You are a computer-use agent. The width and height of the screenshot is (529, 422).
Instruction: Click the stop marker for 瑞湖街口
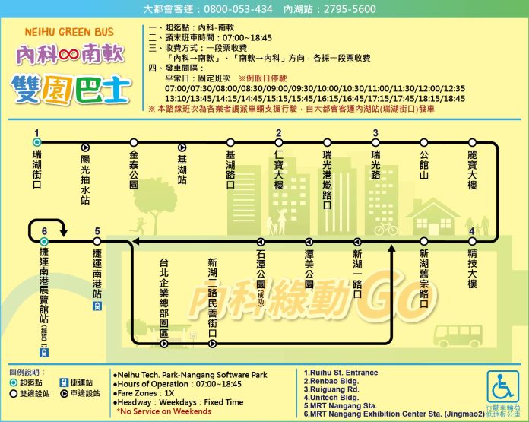click(36, 142)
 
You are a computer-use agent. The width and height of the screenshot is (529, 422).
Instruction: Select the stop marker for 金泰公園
click(134, 142)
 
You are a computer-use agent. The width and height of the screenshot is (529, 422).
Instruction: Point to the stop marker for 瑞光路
click(375, 142)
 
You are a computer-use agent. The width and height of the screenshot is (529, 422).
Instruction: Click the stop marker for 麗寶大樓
click(472, 142)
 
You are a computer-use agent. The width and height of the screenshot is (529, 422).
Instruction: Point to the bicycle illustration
click(385, 227)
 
